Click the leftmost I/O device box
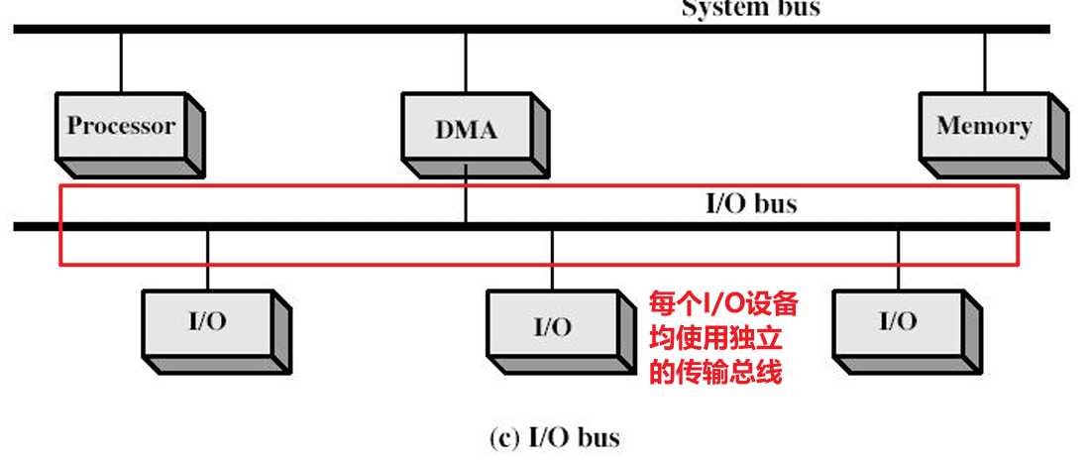pyautogui.click(x=211, y=326)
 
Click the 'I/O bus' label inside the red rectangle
pyautogui.click(x=750, y=205)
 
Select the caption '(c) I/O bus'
pyautogui.click(x=555, y=436)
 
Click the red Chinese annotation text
pyautogui.click(x=723, y=338)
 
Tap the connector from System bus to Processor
pyautogui.click(x=121, y=61)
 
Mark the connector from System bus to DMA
pyautogui.click(x=466, y=61)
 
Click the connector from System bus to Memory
pyautogui.click(x=984, y=61)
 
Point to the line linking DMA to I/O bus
pyautogui.click(x=466, y=198)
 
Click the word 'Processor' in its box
pyautogui.click(x=121, y=126)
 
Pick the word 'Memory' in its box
pyautogui.click(x=984, y=126)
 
